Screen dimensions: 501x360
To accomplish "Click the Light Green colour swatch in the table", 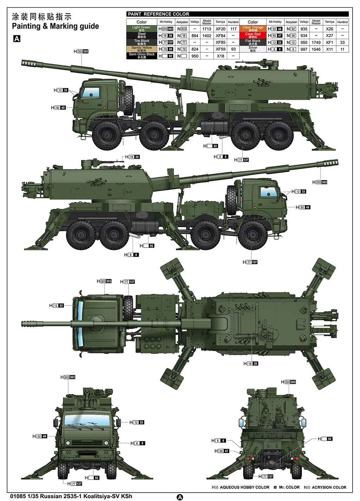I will coord(141,28).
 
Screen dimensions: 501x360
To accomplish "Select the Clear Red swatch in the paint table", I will coord(253,36).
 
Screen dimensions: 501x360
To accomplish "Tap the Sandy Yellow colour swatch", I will coord(141,49).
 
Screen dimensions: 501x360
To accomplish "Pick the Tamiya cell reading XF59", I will coord(220,49).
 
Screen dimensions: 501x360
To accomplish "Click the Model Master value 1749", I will coord(316,43).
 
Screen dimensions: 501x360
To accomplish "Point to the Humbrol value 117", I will coord(233,29).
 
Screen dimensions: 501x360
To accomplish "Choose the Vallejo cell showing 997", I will coord(304,49).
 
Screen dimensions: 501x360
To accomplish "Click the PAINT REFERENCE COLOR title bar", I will coord(237,14).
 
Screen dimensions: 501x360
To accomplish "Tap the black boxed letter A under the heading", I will coord(17,39).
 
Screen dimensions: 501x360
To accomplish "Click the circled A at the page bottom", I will coord(180,497).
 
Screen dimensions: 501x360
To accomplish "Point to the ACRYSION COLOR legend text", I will coord(329,487).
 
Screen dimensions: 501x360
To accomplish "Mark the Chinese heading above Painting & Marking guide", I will coord(41,17).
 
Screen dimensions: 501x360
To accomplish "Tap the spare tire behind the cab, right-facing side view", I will coord(231,199).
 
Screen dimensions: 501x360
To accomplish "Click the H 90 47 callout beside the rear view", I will coord(222,451).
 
